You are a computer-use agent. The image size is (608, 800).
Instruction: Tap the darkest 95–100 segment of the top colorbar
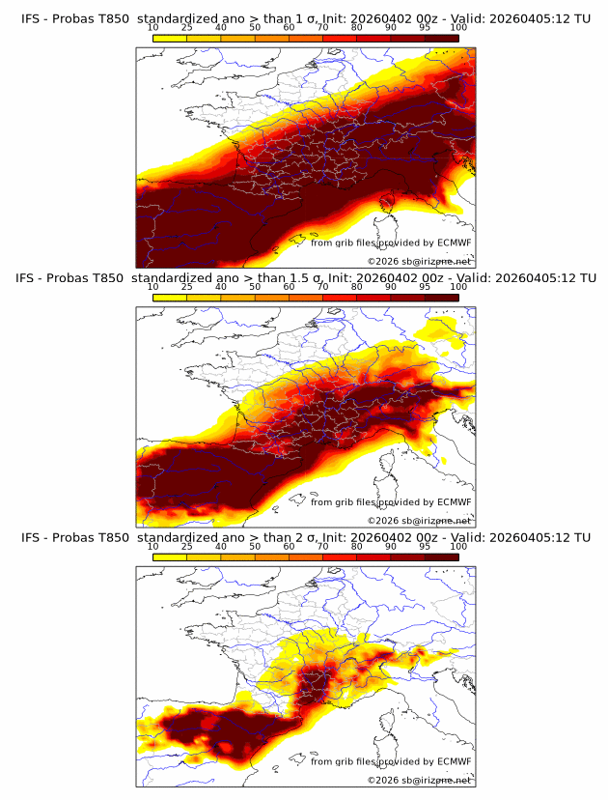pyautogui.click(x=441, y=38)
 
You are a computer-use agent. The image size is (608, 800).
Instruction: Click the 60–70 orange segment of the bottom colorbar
pyautogui.click(x=306, y=557)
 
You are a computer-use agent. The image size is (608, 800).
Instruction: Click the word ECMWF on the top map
pyautogui.click(x=454, y=243)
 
